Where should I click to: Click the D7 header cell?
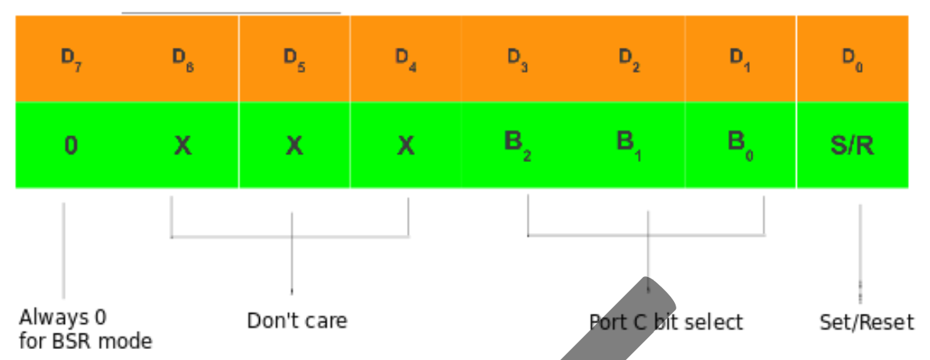(71, 59)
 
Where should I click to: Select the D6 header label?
(182, 59)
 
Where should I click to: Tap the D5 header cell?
(294, 59)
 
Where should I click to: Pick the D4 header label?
(406, 59)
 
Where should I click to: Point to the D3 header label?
(517, 59)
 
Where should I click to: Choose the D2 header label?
(629, 59)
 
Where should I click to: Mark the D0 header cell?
(852, 59)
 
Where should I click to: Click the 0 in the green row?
(70, 146)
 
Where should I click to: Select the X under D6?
(182, 146)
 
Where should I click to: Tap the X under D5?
(294, 146)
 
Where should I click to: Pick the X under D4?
(406, 146)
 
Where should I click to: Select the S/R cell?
(852, 146)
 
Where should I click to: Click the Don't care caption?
(297, 320)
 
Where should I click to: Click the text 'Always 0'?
(63, 318)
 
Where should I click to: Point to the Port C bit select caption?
(666, 322)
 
